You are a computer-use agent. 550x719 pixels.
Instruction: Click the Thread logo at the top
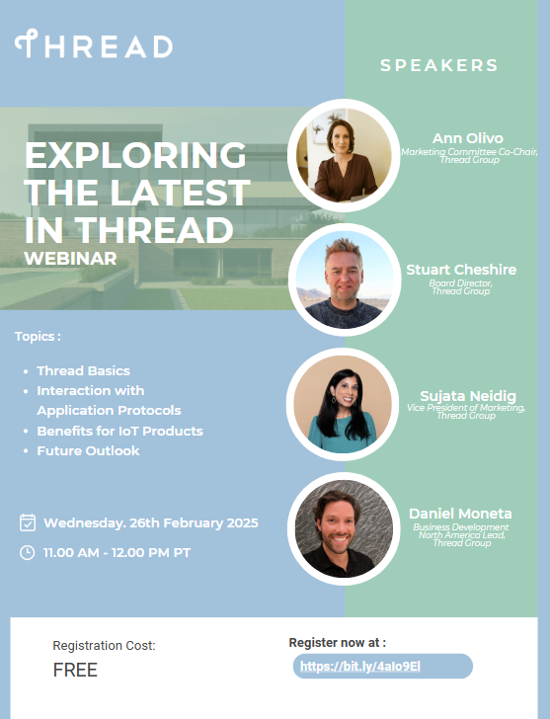pos(94,44)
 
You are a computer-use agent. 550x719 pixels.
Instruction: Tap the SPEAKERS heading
pos(439,65)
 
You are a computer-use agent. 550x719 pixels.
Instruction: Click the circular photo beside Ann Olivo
pos(344,155)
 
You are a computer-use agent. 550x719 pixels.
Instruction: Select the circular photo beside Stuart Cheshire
pos(345,280)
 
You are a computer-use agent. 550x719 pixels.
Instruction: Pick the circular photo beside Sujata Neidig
pos(343,404)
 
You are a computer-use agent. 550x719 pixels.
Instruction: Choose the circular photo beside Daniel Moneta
pos(344,528)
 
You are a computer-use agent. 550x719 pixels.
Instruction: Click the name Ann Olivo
pos(468,138)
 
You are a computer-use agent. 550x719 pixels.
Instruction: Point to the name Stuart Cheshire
pos(461,270)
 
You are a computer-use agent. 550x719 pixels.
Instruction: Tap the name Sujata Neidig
pos(468,396)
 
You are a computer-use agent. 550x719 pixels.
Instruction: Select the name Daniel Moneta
pos(460,514)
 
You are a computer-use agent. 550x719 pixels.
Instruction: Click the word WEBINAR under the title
pos(70,258)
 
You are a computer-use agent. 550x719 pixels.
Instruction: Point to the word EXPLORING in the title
pos(135,155)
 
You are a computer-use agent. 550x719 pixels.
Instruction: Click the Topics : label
pos(38,336)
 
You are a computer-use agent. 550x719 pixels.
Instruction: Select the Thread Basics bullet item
pos(83,370)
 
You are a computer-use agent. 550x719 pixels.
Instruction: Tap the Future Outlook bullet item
pos(88,450)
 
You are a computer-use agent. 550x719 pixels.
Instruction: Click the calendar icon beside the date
pos(28,522)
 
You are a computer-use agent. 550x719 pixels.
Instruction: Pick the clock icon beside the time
pos(28,552)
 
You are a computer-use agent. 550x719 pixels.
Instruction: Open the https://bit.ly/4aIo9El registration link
pos(360,667)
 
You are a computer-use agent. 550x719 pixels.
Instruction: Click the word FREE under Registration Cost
pos(75,670)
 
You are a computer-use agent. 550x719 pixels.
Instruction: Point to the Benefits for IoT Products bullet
pos(120,431)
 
